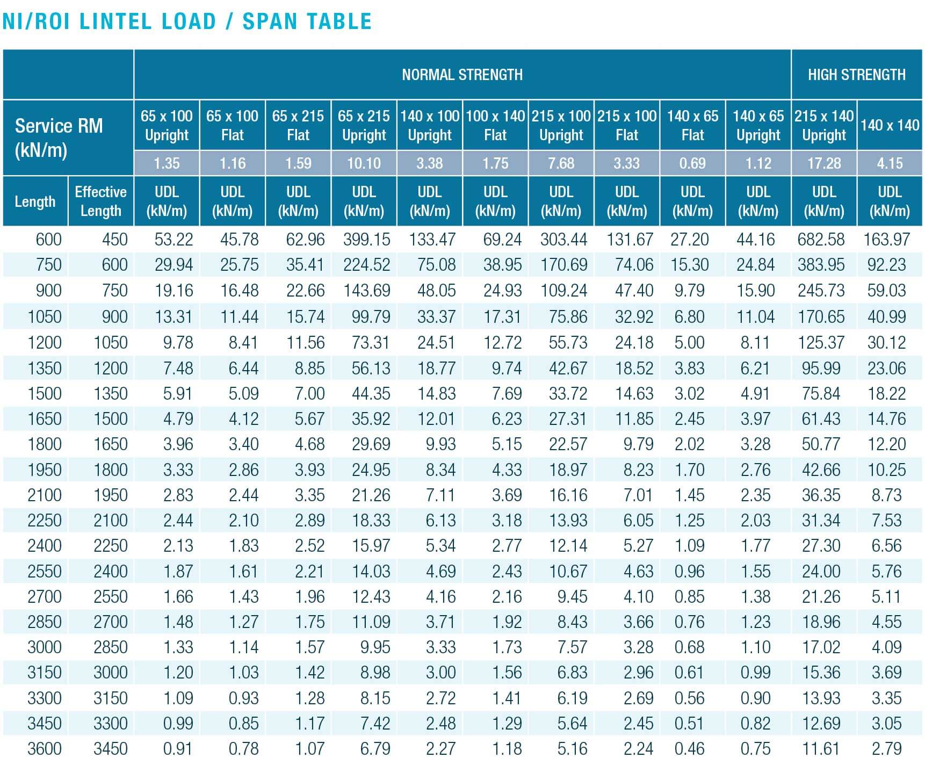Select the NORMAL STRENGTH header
[462, 74]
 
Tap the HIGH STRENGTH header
[856, 74]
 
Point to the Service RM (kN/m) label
[59, 138]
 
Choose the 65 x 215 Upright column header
[364, 125]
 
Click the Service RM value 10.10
[364, 163]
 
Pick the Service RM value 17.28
[823, 163]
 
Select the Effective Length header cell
[100, 201]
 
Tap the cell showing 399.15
[366, 239]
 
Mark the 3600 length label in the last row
[45, 748]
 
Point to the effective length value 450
[114, 239]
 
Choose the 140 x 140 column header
[890, 125]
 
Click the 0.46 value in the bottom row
[689, 748]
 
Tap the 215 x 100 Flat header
[626, 125]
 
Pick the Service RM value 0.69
[692, 163]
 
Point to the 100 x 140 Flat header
[495, 125]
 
